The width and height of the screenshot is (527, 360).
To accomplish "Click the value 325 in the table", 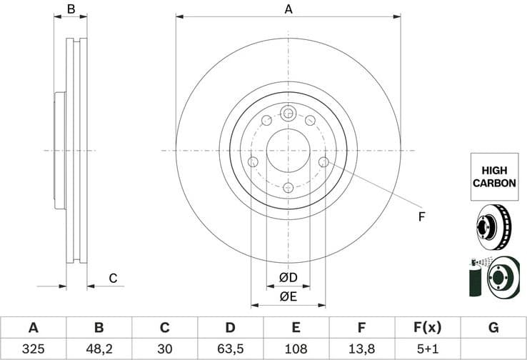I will click(x=33, y=349).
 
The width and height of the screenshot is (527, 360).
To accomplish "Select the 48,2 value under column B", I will click(x=99, y=349).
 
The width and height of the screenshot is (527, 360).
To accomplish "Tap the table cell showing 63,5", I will click(x=230, y=349).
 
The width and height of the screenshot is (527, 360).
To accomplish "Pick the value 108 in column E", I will click(x=296, y=349).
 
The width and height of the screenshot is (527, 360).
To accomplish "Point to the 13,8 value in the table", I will click(x=362, y=349).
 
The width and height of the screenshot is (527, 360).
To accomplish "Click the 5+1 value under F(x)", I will click(x=428, y=349).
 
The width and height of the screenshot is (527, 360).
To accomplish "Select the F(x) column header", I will click(x=428, y=328).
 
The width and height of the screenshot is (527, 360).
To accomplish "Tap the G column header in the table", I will click(x=493, y=328).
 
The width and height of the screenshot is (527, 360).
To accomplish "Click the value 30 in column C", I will click(x=164, y=349).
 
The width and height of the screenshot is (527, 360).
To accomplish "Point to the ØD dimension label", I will click(x=288, y=277).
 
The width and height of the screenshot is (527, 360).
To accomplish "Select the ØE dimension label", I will click(x=288, y=296).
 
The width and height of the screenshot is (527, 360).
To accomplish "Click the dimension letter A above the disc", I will click(x=288, y=9).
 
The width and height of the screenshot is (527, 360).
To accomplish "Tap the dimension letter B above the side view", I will click(x=71, y=9).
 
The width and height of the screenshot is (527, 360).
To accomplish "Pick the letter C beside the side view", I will click(x=112, y=278).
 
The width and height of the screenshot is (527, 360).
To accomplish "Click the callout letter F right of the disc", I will click(x=421, y=216).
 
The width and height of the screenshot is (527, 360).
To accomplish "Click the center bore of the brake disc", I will click(x=288, y=151).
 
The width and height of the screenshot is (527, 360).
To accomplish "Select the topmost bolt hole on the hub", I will click(x=288, y=113).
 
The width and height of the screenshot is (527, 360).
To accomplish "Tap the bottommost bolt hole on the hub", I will click(x=288, y=188).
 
